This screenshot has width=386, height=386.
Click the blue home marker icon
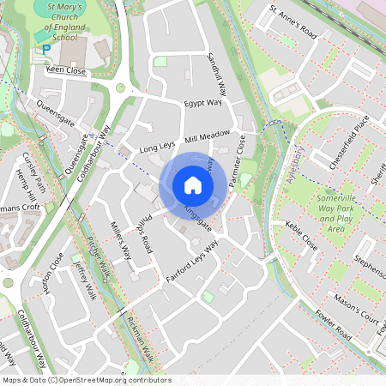tap(192, 184)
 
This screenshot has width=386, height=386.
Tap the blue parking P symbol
tap(45, 51)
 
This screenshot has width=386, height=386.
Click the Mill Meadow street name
tap(208, 136)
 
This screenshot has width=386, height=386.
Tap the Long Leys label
tap(157, 147)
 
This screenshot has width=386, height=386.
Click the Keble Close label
tap(302, 239)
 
